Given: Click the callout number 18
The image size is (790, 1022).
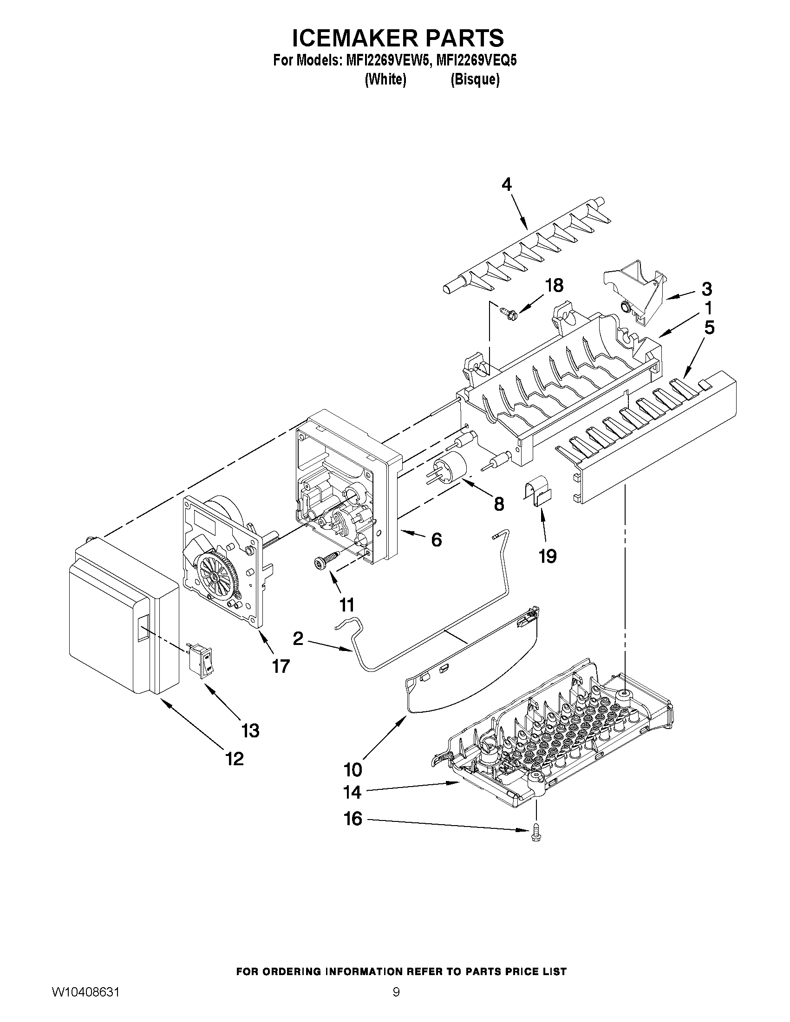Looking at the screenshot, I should (x=554, y=286).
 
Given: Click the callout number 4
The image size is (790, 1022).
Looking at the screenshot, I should (x=506, y=185).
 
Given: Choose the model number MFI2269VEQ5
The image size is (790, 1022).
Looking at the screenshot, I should (x=476, y=61).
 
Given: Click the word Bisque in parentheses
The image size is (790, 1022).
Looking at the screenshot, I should (x=475, y=80).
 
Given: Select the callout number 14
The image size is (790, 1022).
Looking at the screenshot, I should (x=352, y=792).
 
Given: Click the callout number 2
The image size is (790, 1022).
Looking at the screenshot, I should (x=298, y=638).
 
